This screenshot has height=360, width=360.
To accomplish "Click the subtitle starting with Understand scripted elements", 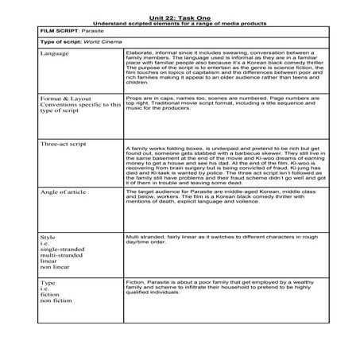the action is pyautogui.click(x=180, y=23).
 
